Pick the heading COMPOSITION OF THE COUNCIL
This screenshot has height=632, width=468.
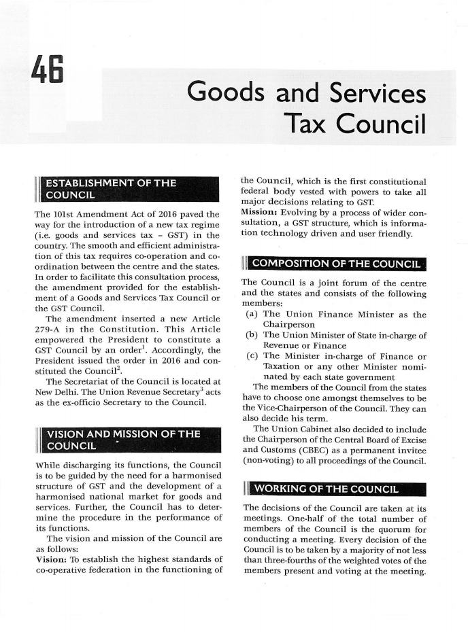(337, 264)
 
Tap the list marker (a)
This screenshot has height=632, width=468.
(252, 314)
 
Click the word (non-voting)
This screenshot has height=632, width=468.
(269, 462)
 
